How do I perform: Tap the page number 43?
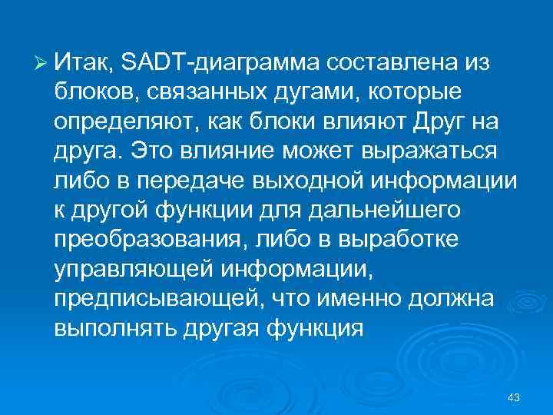point(515,397)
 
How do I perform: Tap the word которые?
point(414,92)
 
